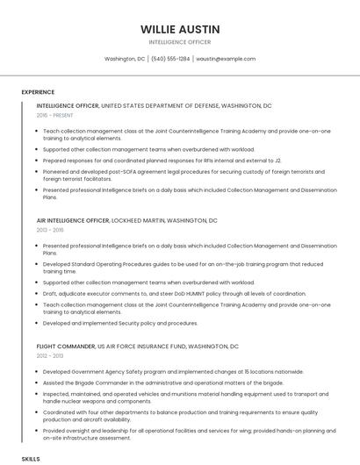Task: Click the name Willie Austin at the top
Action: tap(180, 29)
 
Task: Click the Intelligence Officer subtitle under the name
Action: tap(180, 41)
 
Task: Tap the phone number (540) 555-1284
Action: tap(170, 59)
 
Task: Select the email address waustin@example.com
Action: tap(226, 59)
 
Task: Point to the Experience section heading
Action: tap(38, 91)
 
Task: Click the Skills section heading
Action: tap(31, 459)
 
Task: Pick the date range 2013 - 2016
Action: tap(49, 230)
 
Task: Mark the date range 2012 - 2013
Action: tap(49, 356)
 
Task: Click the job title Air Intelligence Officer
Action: tap(73, 220)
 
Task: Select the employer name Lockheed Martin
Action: tap(139, 220)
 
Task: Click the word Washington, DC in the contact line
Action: tap(125, 59)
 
